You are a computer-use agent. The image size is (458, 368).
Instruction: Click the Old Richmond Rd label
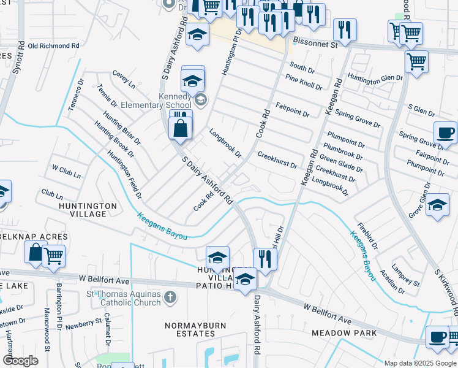coord(54,45)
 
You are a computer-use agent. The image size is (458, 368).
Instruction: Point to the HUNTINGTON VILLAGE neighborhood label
coord(88,210)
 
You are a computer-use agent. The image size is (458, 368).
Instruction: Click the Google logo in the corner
coord(20,360)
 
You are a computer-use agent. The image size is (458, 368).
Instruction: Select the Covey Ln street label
coord(123,79)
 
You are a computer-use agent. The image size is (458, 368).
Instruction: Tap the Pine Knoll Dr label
coord(304,82)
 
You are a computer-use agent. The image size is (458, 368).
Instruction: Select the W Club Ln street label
coord(66,171)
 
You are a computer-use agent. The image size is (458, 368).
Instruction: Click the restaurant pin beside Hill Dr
coord(265,259)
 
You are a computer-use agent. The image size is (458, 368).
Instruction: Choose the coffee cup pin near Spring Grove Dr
coord(445,132)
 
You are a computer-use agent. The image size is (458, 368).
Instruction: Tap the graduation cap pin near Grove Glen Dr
coord(437,205)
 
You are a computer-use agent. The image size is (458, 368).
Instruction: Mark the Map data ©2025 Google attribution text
coord(420,362)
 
